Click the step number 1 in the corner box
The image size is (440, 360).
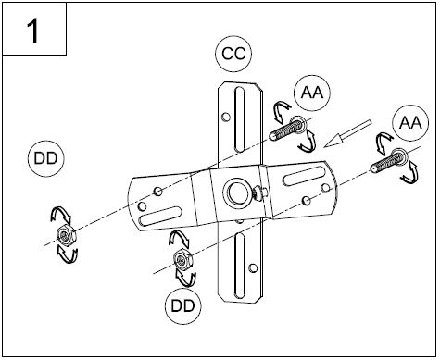tap(33, 31)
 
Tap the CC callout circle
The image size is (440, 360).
tap(233, 54)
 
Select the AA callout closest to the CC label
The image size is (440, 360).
tap(312, 93)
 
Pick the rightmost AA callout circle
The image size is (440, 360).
tap(410, 123)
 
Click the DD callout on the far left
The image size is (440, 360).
tap(46, 158)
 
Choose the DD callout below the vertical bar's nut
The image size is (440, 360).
tap(183, 305)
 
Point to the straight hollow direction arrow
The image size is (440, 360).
tap(347, 133)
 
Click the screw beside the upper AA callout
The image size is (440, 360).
tap(287, 128)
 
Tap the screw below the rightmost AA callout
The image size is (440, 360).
tap(389, 160)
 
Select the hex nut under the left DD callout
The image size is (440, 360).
tap(66, 236)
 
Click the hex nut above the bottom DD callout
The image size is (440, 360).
tap(183, 261)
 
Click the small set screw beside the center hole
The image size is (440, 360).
tap(258, 193)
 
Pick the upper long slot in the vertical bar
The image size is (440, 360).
tap(239, 119)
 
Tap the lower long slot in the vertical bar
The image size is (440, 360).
tap(240, 266)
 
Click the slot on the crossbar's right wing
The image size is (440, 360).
tap(304, 176)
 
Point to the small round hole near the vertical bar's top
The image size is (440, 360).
tap(226, 117)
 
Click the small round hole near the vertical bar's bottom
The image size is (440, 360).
tap(253, 268)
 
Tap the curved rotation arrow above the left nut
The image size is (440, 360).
tap(61, 215)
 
